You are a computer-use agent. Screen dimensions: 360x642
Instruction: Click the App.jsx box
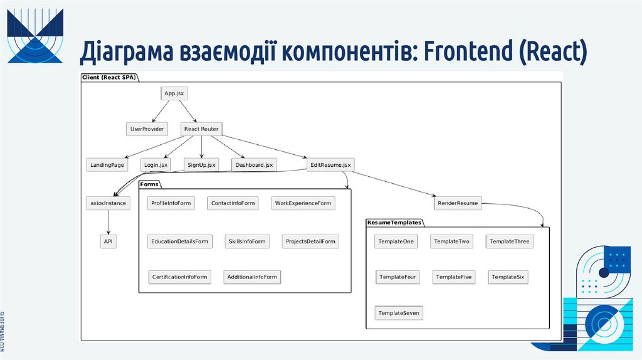pyautogui.click(x=174, y=93)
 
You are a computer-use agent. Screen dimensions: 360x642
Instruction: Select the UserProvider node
pyautogui.click(x=147, y=129)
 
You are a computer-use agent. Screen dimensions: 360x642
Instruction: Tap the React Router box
pyautogui.click(x=201, y=129)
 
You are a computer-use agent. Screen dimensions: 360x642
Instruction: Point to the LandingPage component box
pyautogui.click(x=106, y=165)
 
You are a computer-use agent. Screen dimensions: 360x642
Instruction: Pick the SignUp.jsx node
pyautogui.click(x=201, y=165)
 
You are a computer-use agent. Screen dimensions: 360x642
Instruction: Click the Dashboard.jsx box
pyautogui.click(x=254, y=165)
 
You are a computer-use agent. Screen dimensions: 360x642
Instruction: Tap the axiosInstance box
pyautogui.click(x=108, y=203)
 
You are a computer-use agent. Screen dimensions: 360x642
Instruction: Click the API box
pyautogui.click(x=108, y=241)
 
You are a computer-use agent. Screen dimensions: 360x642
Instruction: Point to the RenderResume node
pyautogui.click(x=458, y=203)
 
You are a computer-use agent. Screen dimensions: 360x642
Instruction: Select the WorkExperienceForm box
pyautogui.click(x=303, y=203)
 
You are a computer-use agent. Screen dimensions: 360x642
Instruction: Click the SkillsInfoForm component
pyautogui.click(x=247, y=241)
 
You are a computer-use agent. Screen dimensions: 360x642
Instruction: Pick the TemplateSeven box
pyautogui.click(x=399, y=312)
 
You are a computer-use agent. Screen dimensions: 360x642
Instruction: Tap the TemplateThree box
pyautogui.click(x=509, y=241)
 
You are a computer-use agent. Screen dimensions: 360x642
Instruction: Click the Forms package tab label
pyautogui.click(x=149, y=184)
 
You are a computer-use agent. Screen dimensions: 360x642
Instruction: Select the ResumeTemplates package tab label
pyautogui.click(x=394, y=223)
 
